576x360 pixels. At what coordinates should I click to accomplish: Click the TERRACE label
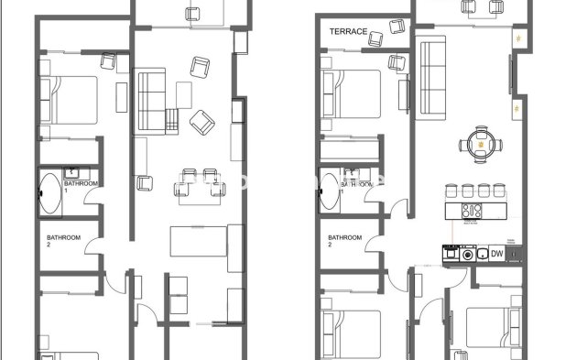(x=349, y=31)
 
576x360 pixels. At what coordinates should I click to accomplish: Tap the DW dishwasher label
(x=497, y=254)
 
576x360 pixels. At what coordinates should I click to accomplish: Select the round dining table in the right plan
(x=480, y=144)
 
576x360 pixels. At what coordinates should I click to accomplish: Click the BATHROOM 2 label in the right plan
(x=344, y=241)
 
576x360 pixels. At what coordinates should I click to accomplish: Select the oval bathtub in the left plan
(x=49, y=194)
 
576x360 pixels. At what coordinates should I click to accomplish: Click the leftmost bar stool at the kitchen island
(x=451, y=191)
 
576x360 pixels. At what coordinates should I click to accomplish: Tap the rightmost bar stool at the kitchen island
(x=497, y=191)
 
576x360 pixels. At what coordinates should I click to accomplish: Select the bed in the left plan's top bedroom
(x=70, y=99)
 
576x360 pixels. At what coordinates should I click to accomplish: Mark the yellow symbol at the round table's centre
(x=480, y=144)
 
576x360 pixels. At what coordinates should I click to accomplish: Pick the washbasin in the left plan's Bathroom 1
(x=73, y=171)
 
